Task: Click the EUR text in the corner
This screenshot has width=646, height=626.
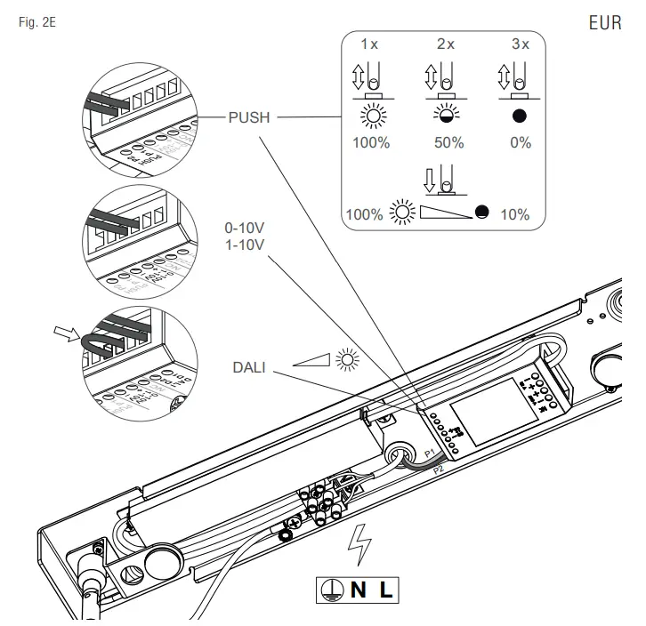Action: [605, 23]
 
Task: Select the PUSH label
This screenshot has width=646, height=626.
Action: [249, 116]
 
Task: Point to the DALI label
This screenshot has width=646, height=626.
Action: [248, 365]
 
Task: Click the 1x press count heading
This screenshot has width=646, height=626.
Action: [369, 44]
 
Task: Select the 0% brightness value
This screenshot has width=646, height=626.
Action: [521, 143]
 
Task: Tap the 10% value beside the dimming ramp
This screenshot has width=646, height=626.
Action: [514, 214]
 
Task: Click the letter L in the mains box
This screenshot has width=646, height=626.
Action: [385, 589]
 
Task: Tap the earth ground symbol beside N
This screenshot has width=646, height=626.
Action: [330, 589]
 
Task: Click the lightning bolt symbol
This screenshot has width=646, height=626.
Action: [359, 545]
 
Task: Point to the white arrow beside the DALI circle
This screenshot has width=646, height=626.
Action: [65, 334]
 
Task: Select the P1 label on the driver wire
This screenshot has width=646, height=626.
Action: [429, 453]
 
